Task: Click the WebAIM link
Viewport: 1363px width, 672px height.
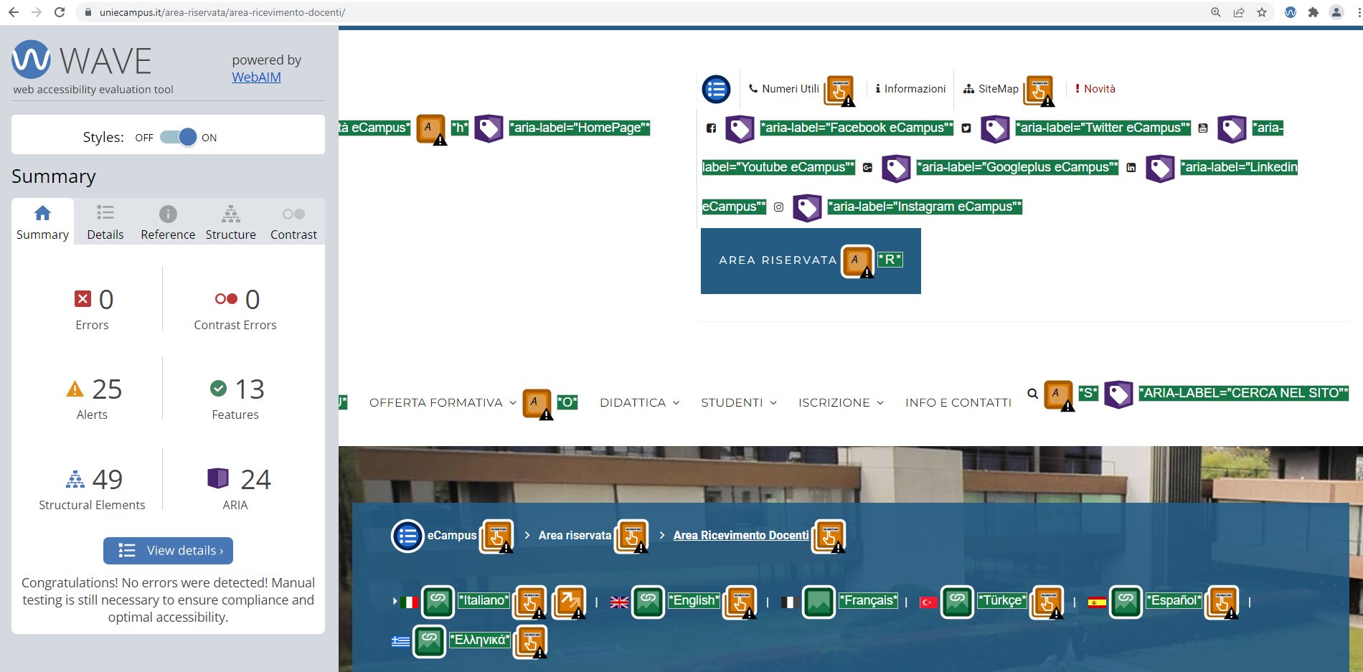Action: (x=256, y=77)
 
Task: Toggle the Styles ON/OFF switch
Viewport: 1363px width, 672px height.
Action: (x=179, y=137)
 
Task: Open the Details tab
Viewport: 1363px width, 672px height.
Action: (x=105, y=223)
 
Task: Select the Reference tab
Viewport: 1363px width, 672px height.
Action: (x=168, y=223)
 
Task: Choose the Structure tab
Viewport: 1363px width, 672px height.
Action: (x=231, y=223)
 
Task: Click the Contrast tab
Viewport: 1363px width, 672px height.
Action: (x=293, y=223)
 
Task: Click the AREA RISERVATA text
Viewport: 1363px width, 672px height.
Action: (x=778, y=260)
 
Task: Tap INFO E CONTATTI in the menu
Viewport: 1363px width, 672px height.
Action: (x=958, y=403)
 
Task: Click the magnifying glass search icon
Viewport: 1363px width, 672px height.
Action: (x=1032, y=393)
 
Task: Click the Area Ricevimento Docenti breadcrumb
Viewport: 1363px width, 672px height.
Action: (x=741, y=536)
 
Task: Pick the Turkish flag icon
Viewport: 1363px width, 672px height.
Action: (x=928, y=602)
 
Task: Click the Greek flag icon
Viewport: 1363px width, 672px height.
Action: (x=400, y=641)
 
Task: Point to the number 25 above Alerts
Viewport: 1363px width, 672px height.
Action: (x=107, y=389)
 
